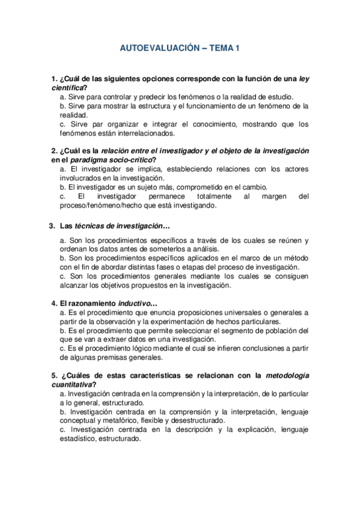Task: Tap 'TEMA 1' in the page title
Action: pos(224,48)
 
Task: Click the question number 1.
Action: pos(54,79)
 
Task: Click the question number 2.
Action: pos(54,150)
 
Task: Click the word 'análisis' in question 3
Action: pos(206,249)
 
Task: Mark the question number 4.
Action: pos(54,303)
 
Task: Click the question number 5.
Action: pos(54,375)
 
